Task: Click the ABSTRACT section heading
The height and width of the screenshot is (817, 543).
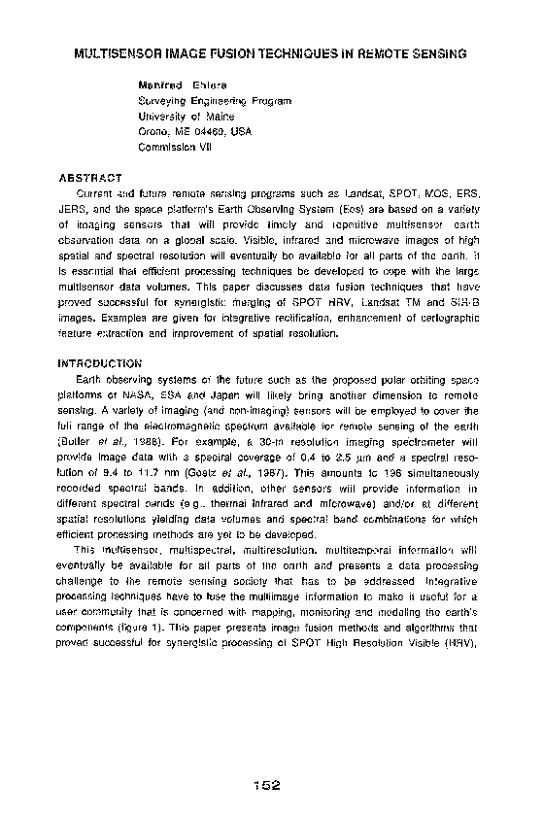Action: pyautogui.click(x=89, y=179)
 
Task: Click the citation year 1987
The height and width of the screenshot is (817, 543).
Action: pyautogui.click(x=252, y=458)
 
